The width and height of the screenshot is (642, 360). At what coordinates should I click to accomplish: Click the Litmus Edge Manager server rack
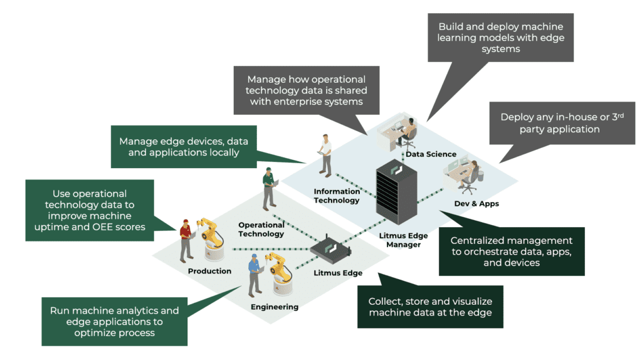coord(396,191)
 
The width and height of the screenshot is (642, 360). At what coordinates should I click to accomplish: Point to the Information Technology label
coord(337,196)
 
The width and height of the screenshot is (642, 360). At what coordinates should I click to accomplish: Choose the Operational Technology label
coord(261,229)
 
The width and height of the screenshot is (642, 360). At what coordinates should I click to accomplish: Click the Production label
coord(209,271)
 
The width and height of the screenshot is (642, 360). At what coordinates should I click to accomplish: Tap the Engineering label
coord(275,307)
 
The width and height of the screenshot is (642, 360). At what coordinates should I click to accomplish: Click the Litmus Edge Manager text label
coord(404,240)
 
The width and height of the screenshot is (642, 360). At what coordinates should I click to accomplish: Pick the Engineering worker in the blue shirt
coord(254,275)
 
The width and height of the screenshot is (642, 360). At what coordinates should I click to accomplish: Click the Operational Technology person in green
coord(269,188)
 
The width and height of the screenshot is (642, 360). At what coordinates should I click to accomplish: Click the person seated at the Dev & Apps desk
coord(471,175)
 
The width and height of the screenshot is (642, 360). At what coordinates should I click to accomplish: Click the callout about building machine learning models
coord(501,38)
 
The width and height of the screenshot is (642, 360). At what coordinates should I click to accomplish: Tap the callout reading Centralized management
coord(511,251)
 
